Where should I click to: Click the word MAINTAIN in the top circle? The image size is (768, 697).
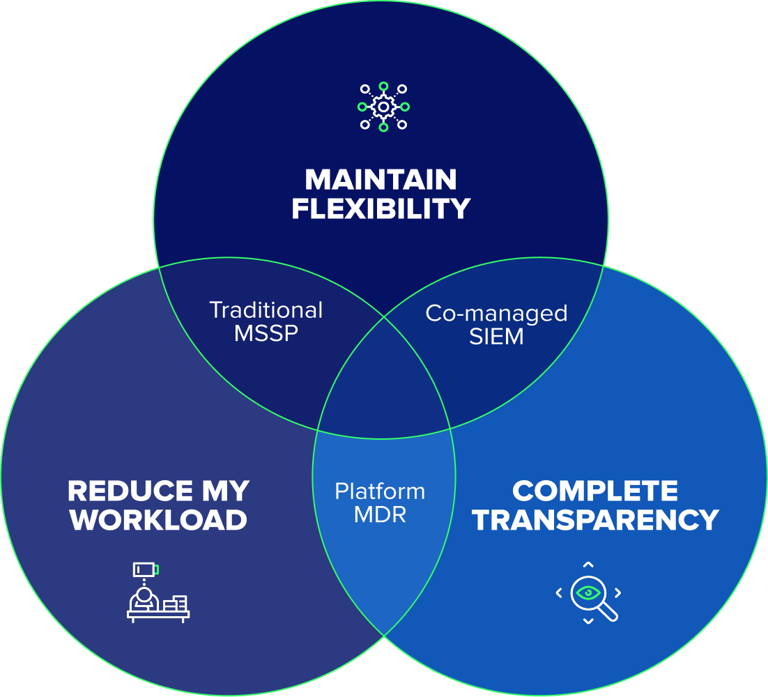click(381, 181)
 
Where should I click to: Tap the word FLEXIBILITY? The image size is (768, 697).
click(381, 209)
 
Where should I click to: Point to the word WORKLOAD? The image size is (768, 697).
click(159, 520)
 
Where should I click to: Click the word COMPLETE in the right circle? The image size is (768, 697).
click(595, 491)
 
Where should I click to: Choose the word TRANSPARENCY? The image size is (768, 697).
click(595, 520)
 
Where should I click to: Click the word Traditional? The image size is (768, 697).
click(266, 310)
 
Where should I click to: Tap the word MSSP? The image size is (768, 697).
click(266, 334)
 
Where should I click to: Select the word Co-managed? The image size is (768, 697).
click(496, 314)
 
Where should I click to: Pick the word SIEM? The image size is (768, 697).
click(496, 337)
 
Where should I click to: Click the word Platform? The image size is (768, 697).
click(380, 491)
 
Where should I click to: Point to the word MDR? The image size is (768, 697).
click(380, 516)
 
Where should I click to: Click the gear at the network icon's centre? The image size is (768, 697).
click(383, 107)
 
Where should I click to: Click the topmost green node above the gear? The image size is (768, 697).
click(383, 86)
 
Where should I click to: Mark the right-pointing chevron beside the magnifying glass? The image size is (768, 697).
click(617, 593)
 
